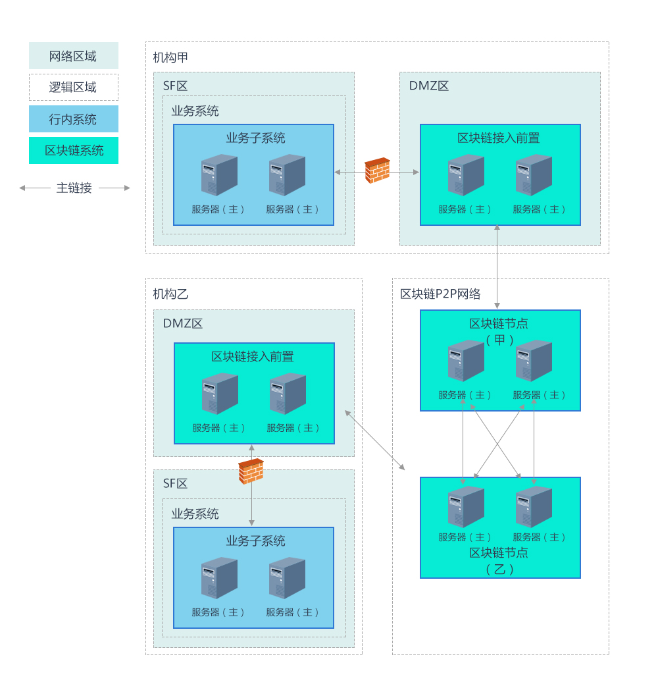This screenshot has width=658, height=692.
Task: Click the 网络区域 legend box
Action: pyautogui.click(x=74, y=55)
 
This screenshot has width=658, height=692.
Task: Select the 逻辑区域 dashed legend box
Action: pyautogui.click(x=74, y=88)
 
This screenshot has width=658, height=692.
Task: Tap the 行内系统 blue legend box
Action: pyautogui.click(x=74, y=119)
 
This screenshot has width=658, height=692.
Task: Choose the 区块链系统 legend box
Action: pyautogui.click(x=74, y=151)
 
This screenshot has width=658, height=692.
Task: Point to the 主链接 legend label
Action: pyautogui.click(x=74, y=188)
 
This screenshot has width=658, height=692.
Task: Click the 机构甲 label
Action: pyautogui.click(x=170, y=57)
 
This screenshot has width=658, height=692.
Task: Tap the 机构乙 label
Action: pyautogui.click(x=170, y=294)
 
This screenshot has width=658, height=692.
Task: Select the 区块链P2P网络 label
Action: pyautogui.click(x=440, y=294)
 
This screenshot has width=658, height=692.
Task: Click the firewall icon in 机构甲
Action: pyautogui.click(x=377, y=171)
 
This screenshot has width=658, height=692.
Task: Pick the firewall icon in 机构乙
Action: pyautogui.click(x=251, y=471)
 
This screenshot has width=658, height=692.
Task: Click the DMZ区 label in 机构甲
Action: pyautogui.click(x=428, y=86)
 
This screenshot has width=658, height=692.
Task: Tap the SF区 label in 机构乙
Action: pyautogui.click(x=175, y=483)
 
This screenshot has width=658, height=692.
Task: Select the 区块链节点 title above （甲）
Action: pyautogui.click(x=499, y=323)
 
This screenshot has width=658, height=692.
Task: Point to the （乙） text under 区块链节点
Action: pyautogui.click(x=499, y=570)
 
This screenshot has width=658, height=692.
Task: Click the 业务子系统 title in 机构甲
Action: pyautogui.click(x=256, y=138)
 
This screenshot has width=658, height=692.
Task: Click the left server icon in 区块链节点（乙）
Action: pyautogui.click(x=466, y=506)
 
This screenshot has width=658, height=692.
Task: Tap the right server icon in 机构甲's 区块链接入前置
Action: pyautogui.click(x=534, y=174)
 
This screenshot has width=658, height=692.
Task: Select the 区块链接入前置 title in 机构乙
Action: pyautogui.click(x=253, y=357)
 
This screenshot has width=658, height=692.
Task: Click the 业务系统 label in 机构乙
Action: pyautogui.click(x=195, y=514)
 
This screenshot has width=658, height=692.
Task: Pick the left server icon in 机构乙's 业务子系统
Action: pyautogui.click(x=219, y=577)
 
